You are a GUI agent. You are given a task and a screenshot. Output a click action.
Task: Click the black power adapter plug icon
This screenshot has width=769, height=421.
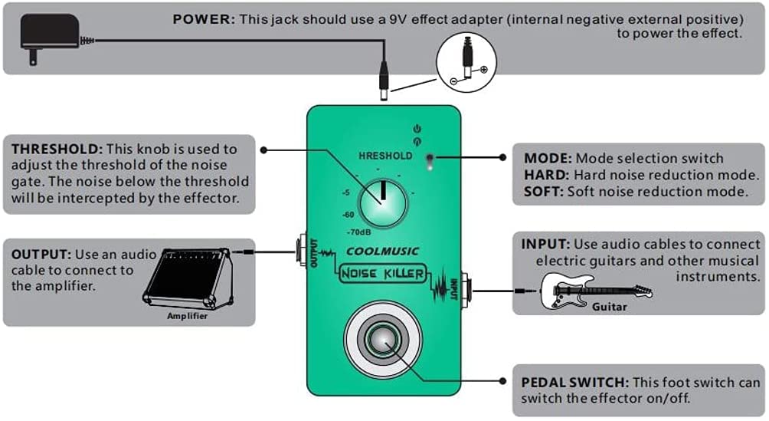pos(50,38)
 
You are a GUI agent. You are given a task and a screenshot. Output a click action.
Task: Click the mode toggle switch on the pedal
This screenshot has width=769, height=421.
pos(430,162)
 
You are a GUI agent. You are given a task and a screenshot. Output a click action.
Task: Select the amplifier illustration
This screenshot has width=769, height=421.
pos(188,278)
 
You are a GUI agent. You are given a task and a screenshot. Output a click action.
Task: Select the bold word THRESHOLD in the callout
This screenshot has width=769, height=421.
pos(57,149)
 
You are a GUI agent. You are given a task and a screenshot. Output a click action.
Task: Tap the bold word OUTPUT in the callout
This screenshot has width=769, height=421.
pos(41,255)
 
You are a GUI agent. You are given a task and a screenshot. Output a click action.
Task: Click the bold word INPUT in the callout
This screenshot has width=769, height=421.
pos(545,244)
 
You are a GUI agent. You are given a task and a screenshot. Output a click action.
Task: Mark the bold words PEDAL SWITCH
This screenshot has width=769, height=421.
pos(574,382)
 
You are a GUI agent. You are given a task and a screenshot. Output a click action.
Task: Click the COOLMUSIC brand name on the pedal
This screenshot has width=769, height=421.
pos(382,252)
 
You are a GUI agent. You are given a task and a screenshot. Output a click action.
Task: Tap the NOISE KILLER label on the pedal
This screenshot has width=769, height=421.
pos(382,274)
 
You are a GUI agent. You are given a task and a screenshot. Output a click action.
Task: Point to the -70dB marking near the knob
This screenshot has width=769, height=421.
pos(358,232)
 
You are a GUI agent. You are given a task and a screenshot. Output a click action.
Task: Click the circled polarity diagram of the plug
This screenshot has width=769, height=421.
pos(466,62)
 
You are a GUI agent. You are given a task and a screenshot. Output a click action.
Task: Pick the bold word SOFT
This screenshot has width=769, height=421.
pos(543,192)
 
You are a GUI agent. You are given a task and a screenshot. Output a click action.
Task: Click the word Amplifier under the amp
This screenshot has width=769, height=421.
pos(188,316)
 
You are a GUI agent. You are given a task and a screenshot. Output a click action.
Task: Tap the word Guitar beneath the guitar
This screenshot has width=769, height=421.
pos(609,307)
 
